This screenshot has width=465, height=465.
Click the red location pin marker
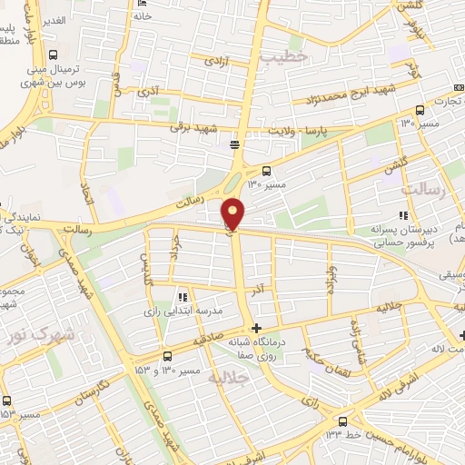[x=233, y=213]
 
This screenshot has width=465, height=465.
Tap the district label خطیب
[x=283, y=56]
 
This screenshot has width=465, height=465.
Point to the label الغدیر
[x=53, y=20]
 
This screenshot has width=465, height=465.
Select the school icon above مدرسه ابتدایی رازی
[x=183, y=296]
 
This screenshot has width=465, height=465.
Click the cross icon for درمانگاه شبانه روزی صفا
[x=258, y=328]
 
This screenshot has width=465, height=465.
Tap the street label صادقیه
[x=208, y=341]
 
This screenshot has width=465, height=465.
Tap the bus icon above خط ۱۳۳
[x=342, y=420]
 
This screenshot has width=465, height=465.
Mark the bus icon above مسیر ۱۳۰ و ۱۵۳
[x=166, y=356]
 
